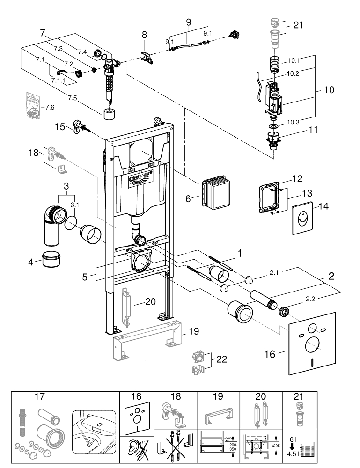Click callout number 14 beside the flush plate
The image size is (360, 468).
tap(323, 206)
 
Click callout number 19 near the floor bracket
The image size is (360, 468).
tap(194, 332)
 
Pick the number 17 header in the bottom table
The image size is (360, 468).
tap(39, 395)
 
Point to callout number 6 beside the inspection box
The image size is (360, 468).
tap(188, 198)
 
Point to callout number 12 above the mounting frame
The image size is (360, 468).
tap(298, 178)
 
